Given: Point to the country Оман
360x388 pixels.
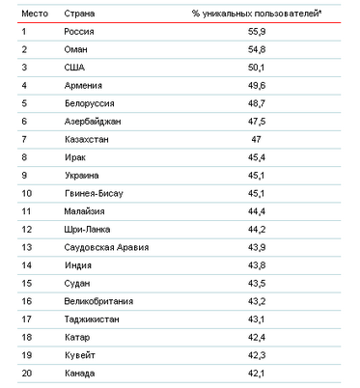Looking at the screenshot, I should coord(77,52).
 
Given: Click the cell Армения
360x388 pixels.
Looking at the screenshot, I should coord(84,89).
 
